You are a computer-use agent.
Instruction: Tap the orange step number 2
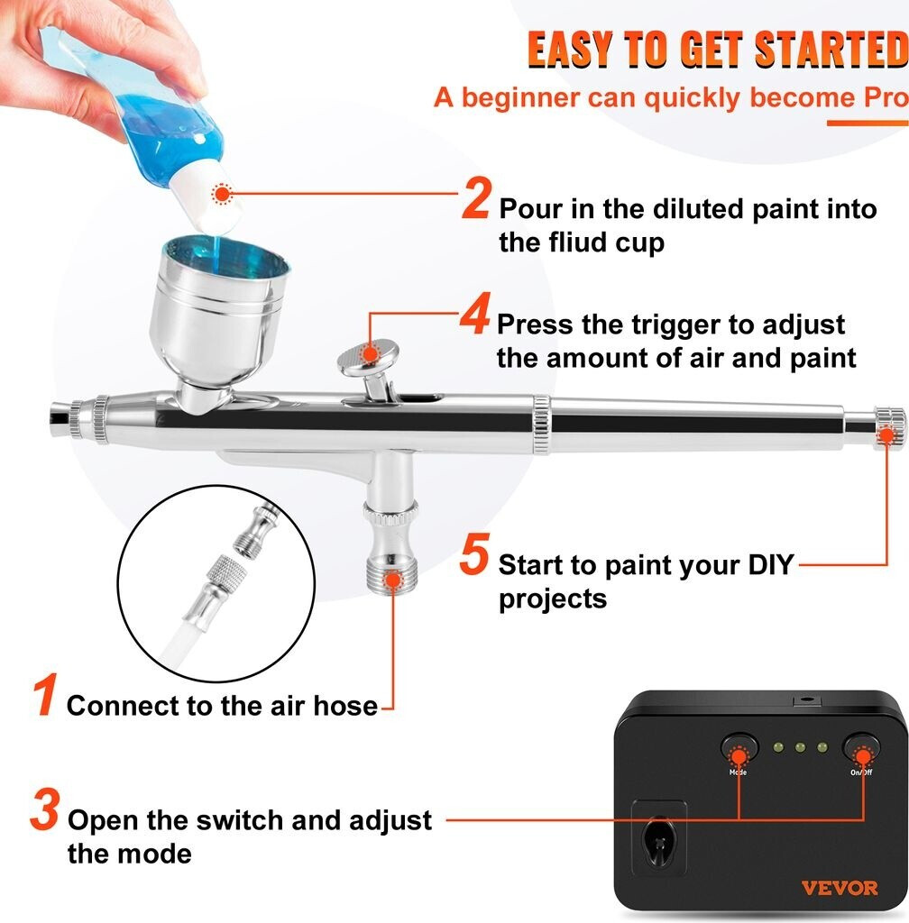pos(476,198)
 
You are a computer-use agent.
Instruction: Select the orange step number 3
pos(45,810)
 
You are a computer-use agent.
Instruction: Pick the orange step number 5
pos(474,553)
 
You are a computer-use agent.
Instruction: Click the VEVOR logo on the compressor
pos(839,888)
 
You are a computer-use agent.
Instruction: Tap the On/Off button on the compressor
pos(861,747)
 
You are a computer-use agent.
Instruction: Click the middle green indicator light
pos(800,747)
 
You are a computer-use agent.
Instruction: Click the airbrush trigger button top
pos(368,355)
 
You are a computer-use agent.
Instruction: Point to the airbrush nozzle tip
pos(59,415)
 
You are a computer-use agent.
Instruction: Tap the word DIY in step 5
pos(771,564)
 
